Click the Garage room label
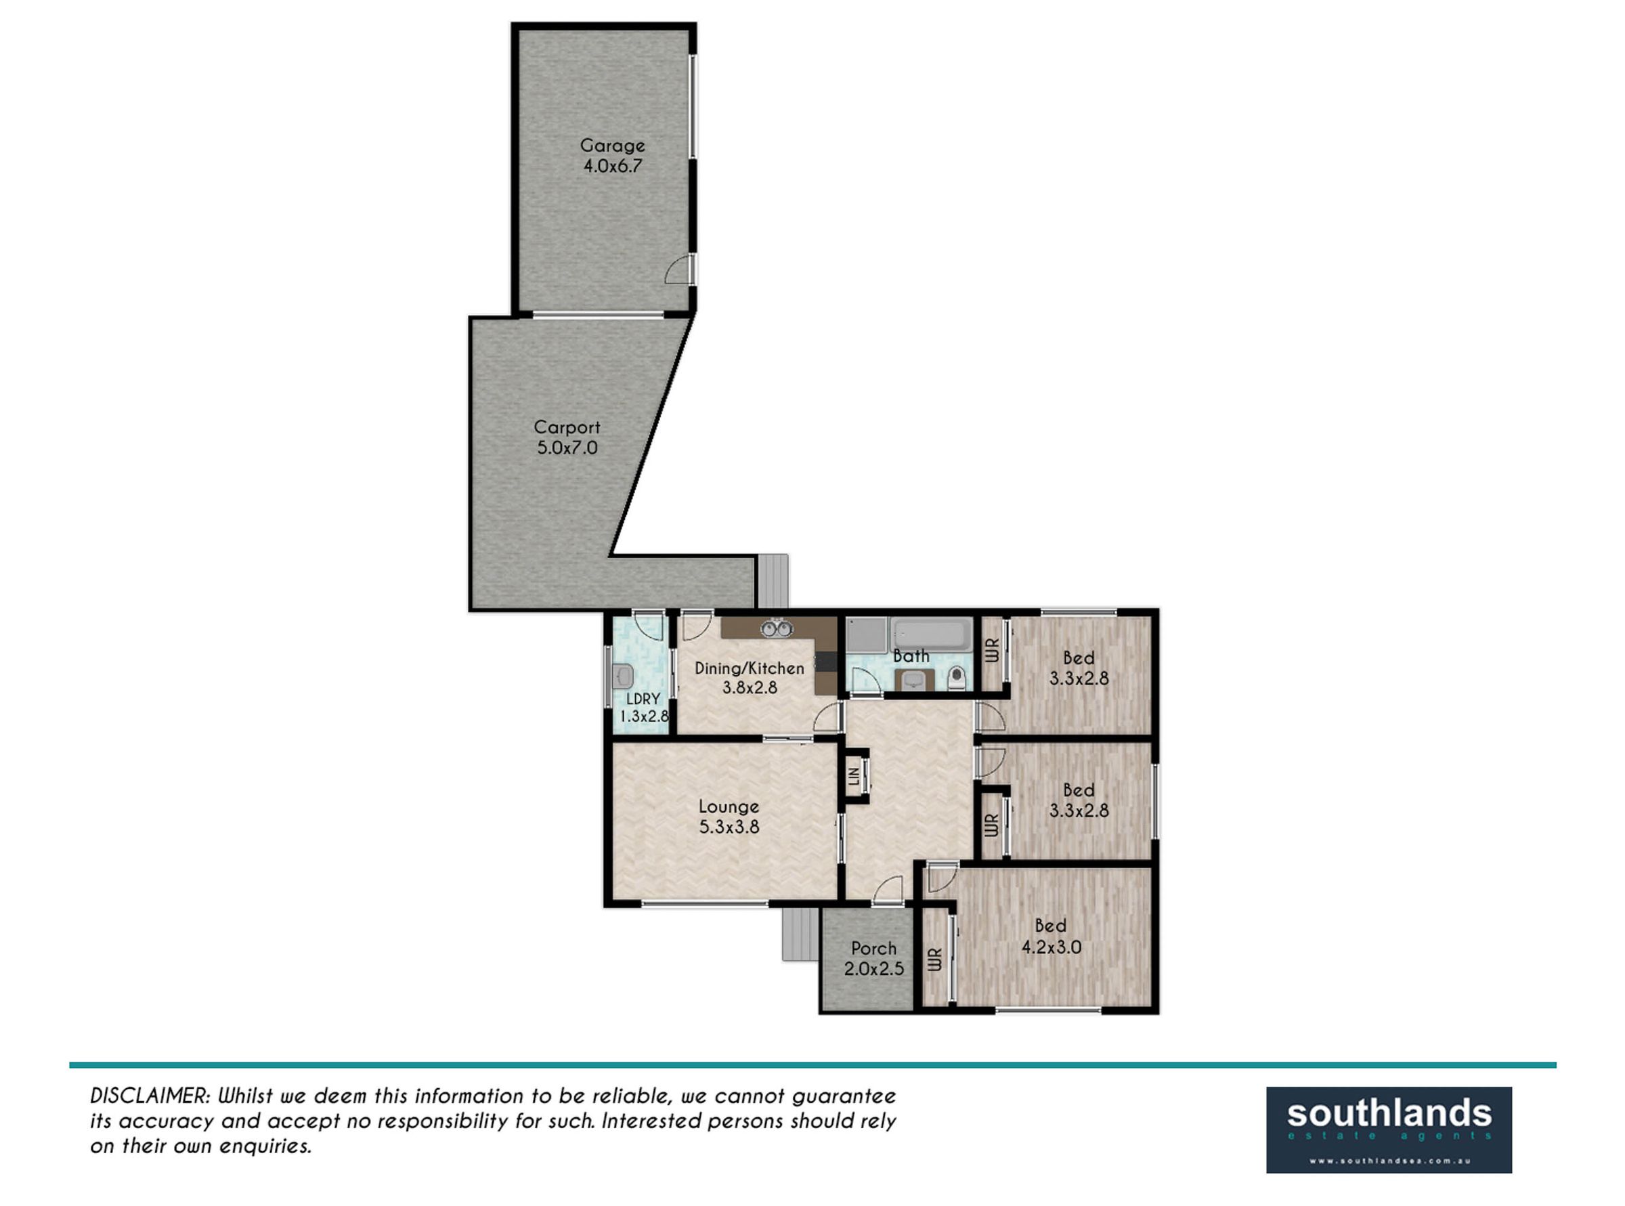pos(612,146)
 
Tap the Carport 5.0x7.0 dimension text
pos(567,448)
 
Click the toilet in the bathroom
pos(956,679)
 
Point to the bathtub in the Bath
pos(931,635)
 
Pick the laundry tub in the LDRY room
pos(624,676)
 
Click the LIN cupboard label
pos(853,776)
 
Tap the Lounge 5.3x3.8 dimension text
pos(729,827)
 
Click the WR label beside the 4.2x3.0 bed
pos(934,959)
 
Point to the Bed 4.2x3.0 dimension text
pos(1052,947)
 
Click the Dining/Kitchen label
pos(749,668)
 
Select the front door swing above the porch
pos(888,890)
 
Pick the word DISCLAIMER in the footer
pos(150,1096)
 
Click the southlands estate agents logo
pos(1389,1130)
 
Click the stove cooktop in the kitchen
pos(825,662)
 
